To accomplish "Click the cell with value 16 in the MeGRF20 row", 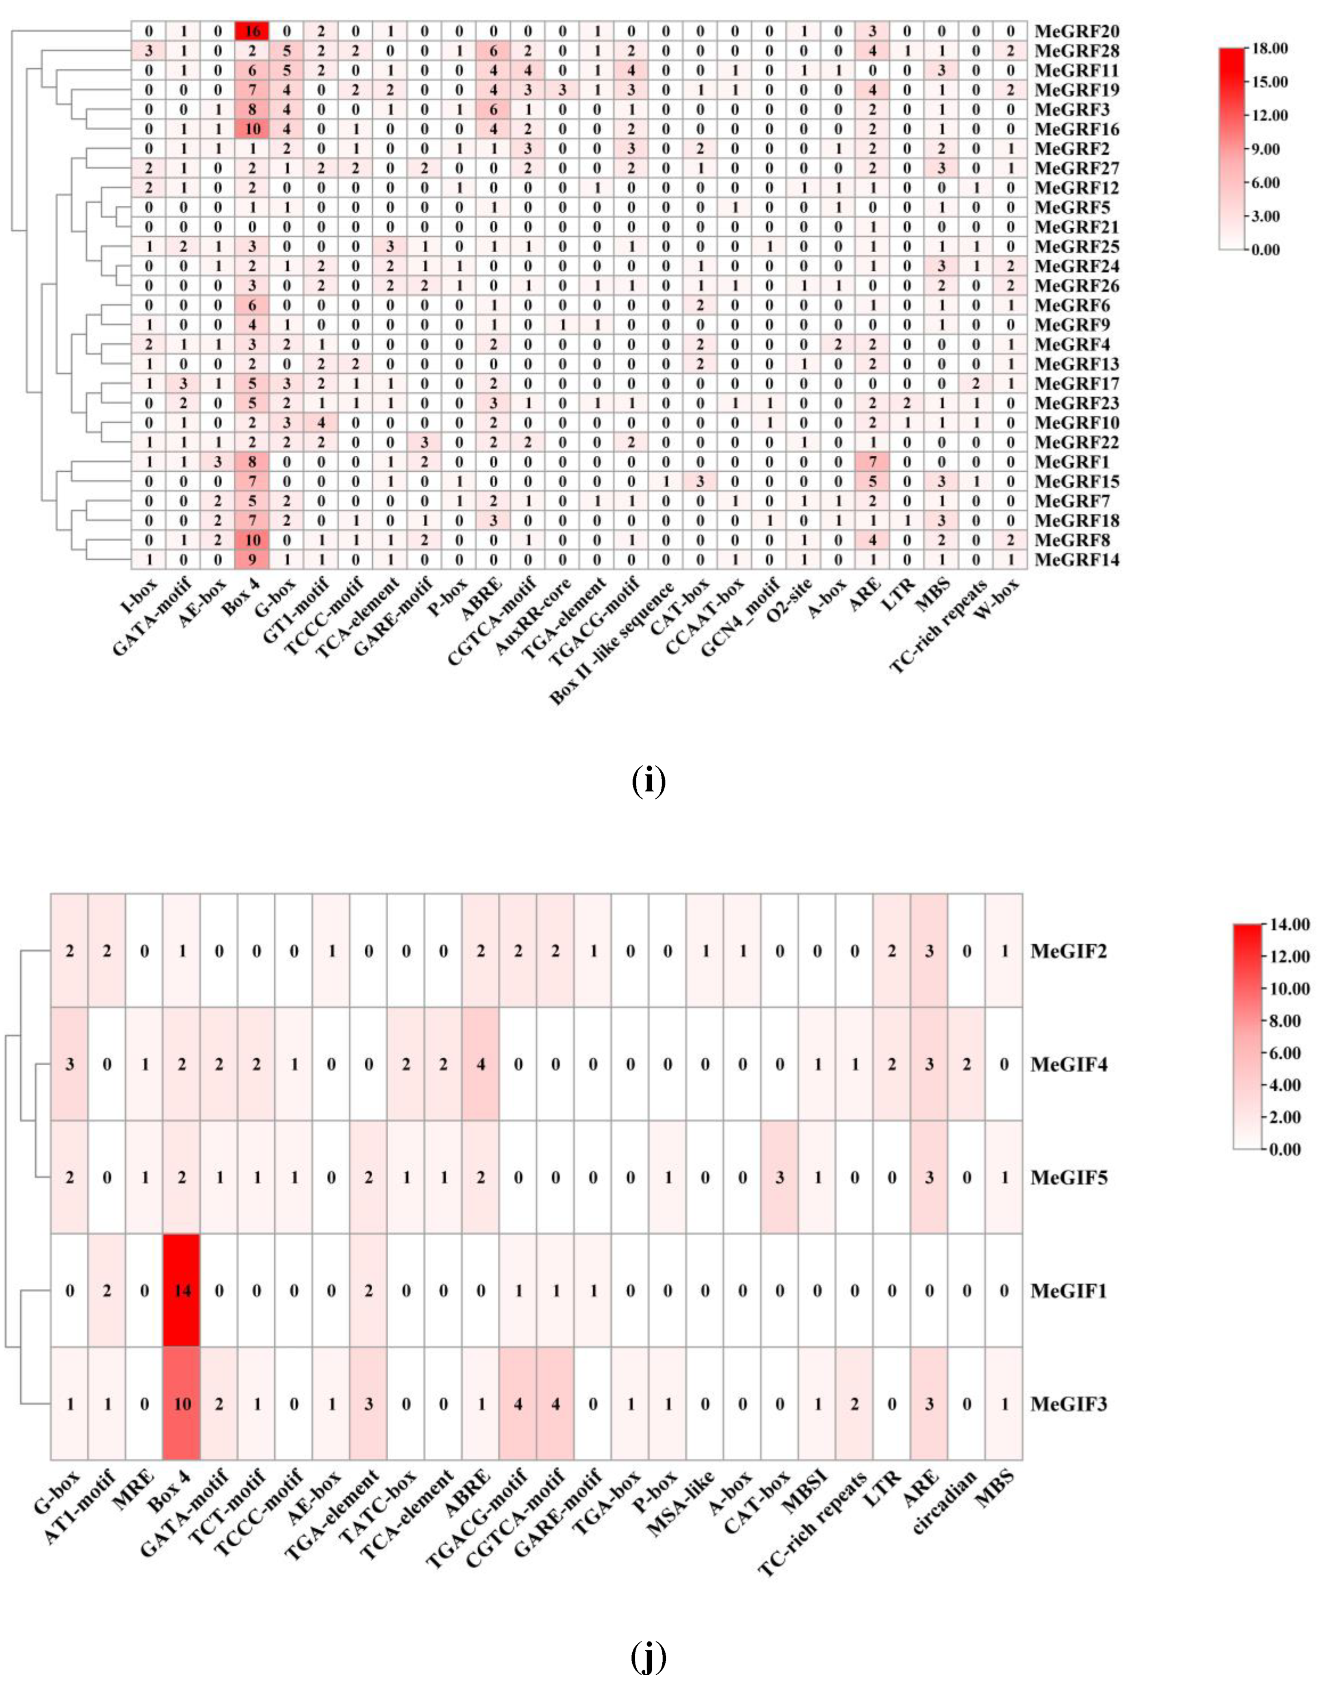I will tap(252, 31).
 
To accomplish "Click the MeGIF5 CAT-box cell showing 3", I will tap(780, 1178).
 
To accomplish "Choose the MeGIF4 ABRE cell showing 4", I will tap(481, 1065).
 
